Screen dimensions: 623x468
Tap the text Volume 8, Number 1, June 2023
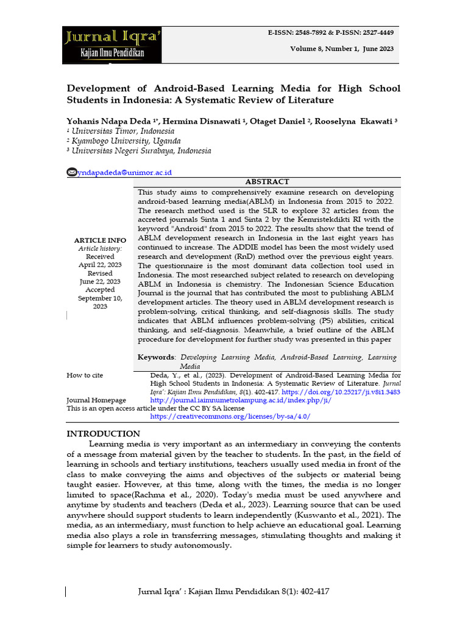342,49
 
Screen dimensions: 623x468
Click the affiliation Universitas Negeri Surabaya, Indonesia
141,151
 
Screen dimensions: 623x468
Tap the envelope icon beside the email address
72,173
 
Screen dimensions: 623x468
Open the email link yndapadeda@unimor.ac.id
124,173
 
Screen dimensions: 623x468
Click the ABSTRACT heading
267,182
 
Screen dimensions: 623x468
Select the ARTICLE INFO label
99,240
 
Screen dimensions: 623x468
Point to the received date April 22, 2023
99,265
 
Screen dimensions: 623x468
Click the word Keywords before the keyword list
156,357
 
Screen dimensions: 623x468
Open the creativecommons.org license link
230,416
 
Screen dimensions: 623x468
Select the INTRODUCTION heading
103,434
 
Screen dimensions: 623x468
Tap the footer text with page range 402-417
233,591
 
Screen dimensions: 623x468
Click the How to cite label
85,375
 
